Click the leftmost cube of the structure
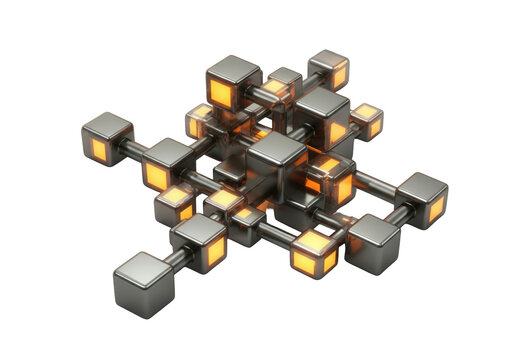(x=106, y=138)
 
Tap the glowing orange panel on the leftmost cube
(x=100, y=151)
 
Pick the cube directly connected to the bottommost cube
(x=199, y=241)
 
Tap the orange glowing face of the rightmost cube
(x=436, y=208)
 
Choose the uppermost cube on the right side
(x=328, y=68)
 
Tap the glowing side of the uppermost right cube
(x=339, y=76)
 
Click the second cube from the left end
(x=167, y=165)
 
